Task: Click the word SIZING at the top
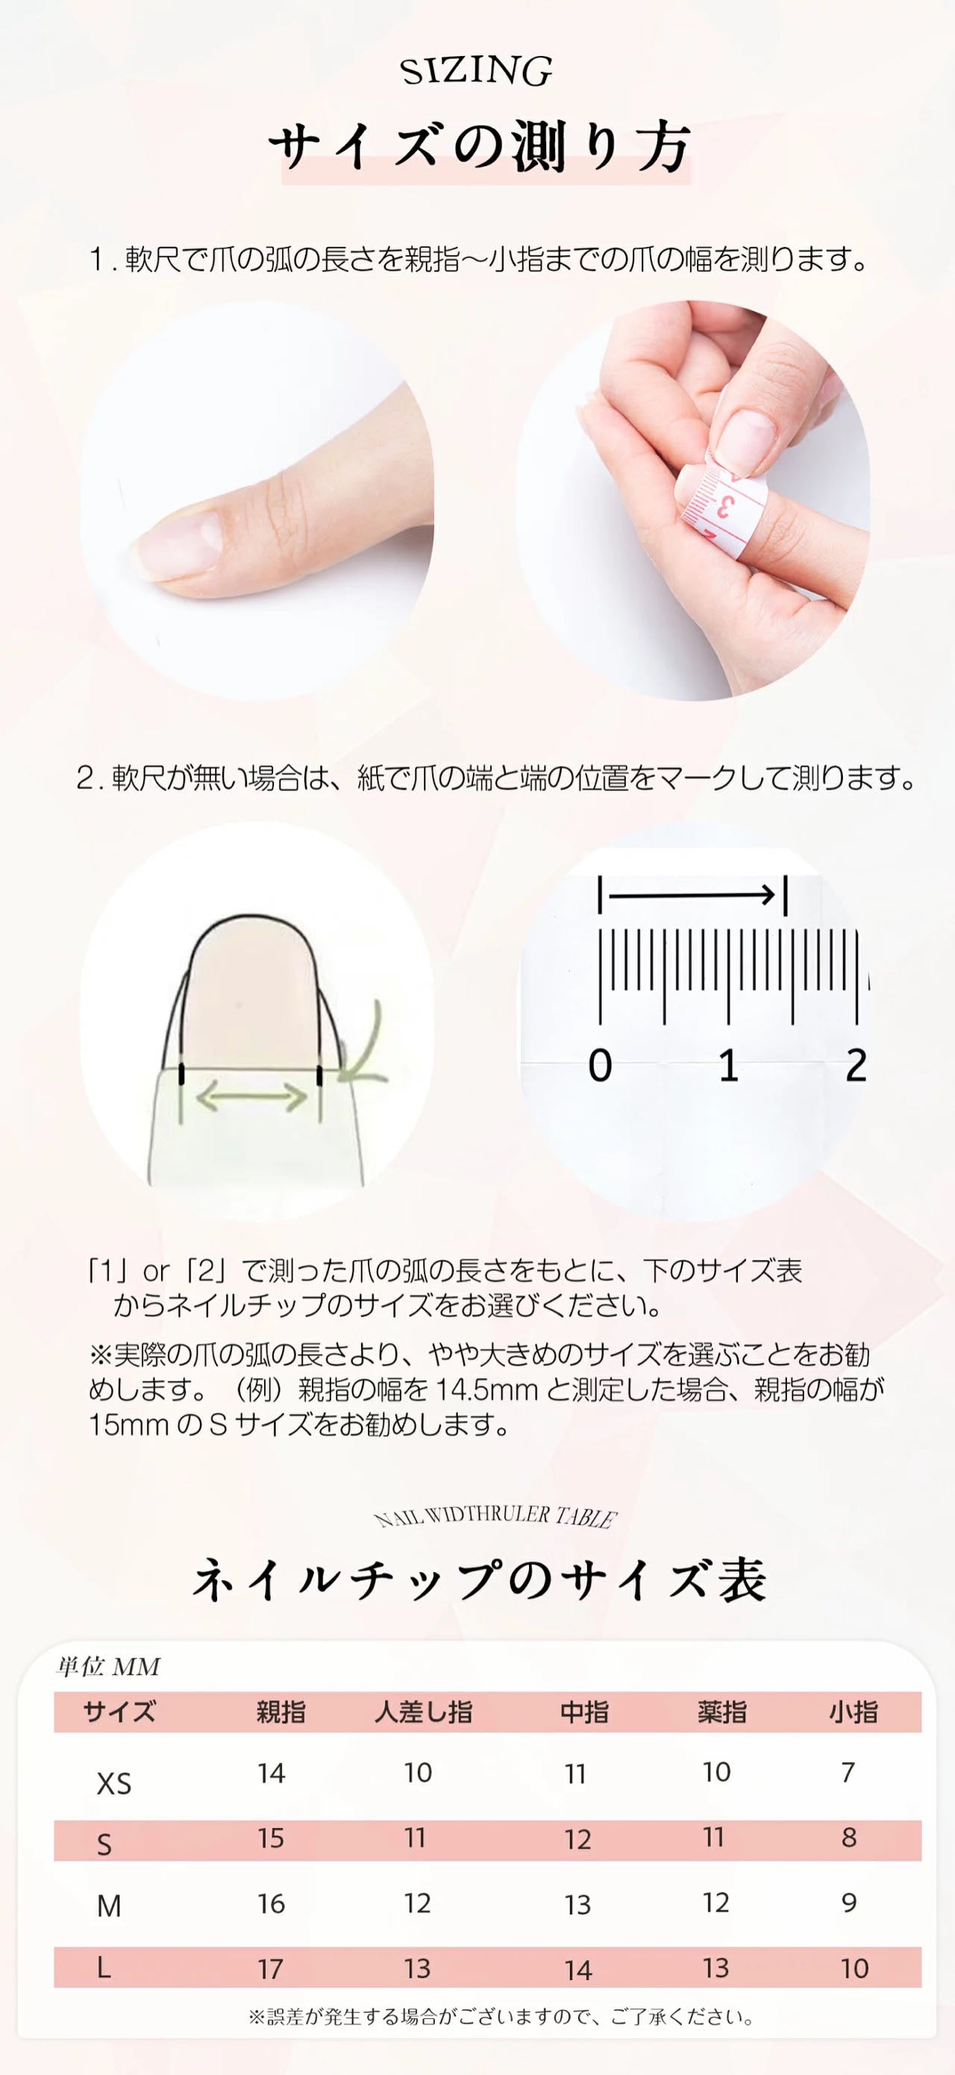[x=477, y=72]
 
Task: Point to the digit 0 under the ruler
[x=600, y=1065]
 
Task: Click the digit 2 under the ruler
[x=856, y=1065]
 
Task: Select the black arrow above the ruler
[x=691, y=894]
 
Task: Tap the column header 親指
[x=281, y=1712]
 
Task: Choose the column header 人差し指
[x=423, y=1712]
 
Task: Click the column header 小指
[x=853, y=1712]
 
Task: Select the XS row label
[x=113, y=1783]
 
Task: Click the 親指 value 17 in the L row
[x=271, y=1970]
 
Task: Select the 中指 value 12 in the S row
[x=577, y=1840]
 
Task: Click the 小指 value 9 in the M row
[x=849, y=1903]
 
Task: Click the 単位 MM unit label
[x=108, y=1667]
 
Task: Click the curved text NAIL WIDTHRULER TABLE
[x=495, y=1517]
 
